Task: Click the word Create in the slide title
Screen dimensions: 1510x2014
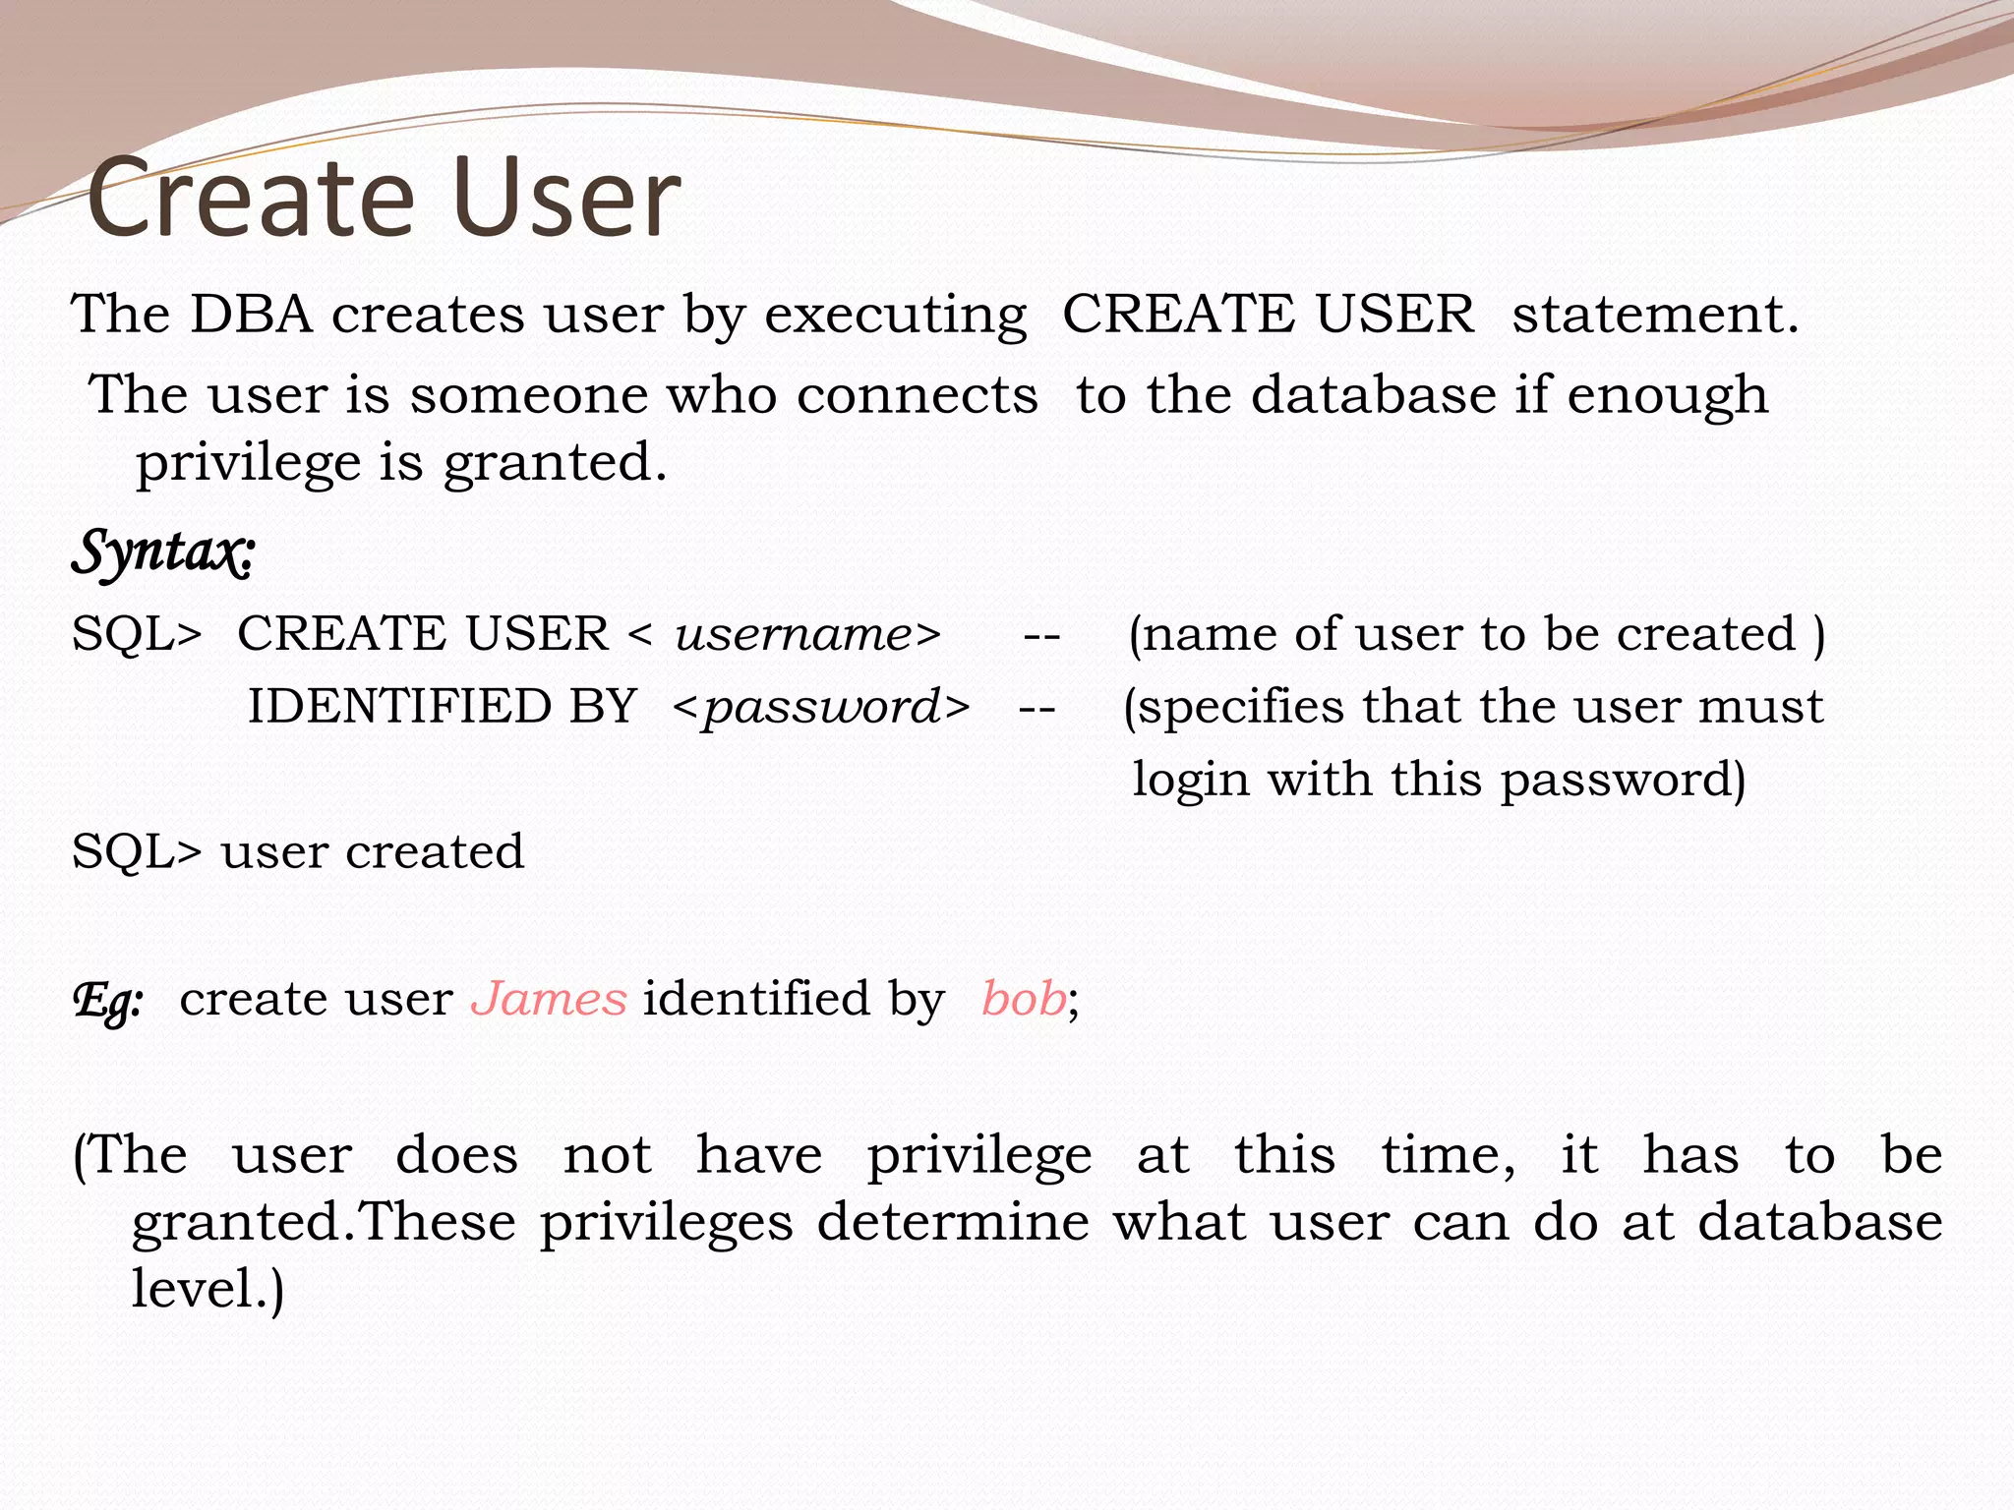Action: tap(251, 199)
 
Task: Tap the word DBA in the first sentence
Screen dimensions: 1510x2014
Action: tap(251, 315)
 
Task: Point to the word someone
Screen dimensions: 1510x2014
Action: tap(528, 395)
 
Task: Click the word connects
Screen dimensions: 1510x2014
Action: tap(917, 395)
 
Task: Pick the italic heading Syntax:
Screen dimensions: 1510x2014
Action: tap(163, 552)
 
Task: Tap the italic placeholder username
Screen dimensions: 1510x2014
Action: tap(795, 634)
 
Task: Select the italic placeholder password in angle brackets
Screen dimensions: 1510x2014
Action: tap(822, 707)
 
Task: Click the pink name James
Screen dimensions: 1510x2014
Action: tap(549, 999)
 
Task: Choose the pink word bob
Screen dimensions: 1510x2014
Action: tap(1023, 999)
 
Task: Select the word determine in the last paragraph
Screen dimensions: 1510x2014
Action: tap(952, 1222)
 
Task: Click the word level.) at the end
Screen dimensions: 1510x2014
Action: tap(207, 1288)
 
